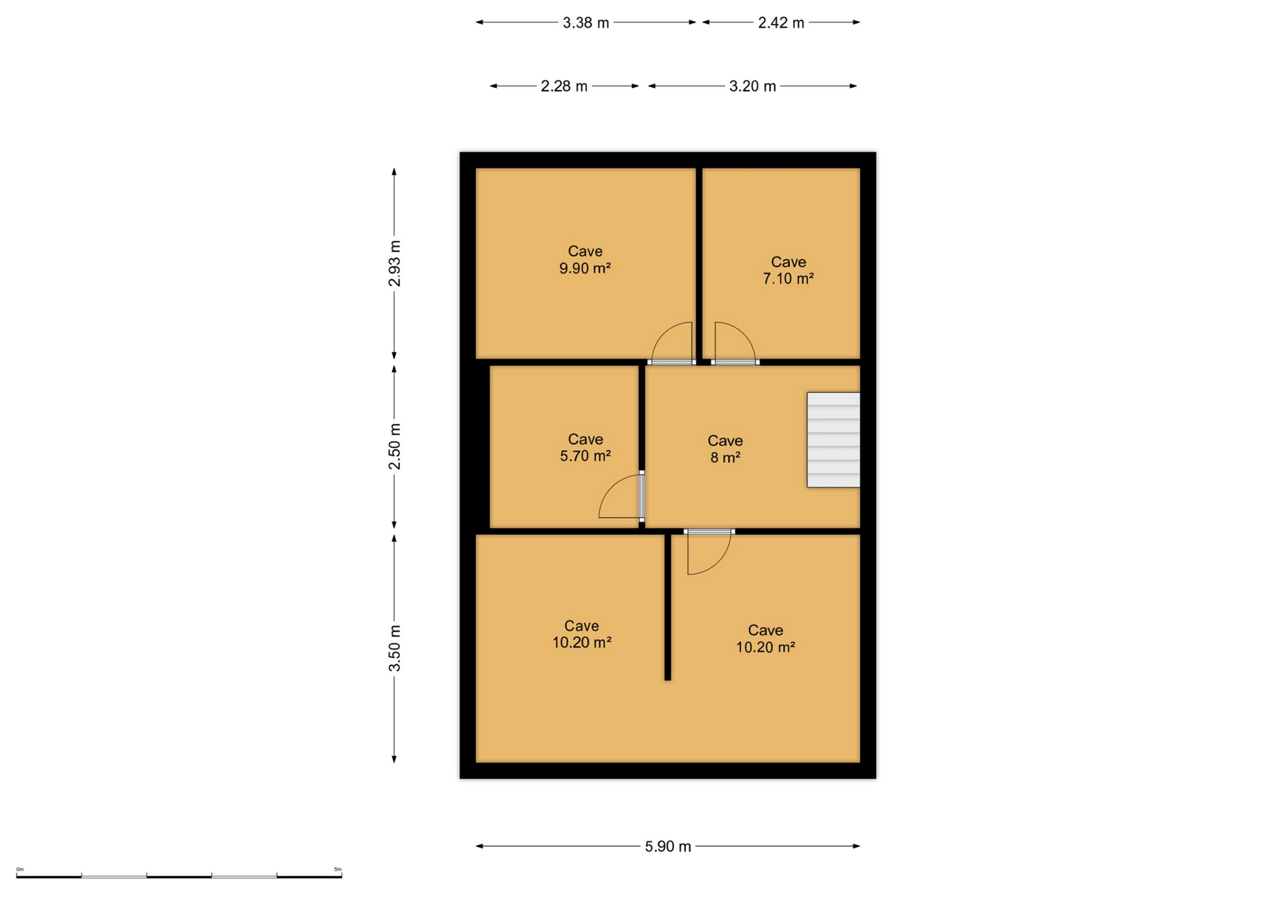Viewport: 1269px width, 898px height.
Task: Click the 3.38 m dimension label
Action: tap(586, 23)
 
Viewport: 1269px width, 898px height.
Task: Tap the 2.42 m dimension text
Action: tap(781, 23)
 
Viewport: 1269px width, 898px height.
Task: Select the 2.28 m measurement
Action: tap(564, 86)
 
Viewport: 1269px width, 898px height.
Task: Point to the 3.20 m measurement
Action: tap(752, 86)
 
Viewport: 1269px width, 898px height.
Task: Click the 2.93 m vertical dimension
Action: tap(395, 263)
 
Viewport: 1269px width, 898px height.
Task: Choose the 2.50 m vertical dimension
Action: tap(395, 447)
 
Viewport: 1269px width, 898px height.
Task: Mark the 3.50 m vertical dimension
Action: tap(395, 648)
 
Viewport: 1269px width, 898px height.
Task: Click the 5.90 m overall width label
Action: tap(667, 846)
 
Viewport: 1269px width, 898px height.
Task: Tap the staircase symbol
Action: tap(833, 440)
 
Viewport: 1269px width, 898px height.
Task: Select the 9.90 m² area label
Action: tap(584, 268)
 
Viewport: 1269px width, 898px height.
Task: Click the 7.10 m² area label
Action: tap(788, 278)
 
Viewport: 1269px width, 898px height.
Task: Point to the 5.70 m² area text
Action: tap(585, 456)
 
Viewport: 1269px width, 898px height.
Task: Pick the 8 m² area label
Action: tap(725, 457)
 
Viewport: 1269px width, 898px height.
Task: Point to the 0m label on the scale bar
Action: tap(20, 869)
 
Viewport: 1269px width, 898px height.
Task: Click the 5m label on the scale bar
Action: tap(338, 869)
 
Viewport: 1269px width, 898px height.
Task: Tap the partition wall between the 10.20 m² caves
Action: tap(667, 607)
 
